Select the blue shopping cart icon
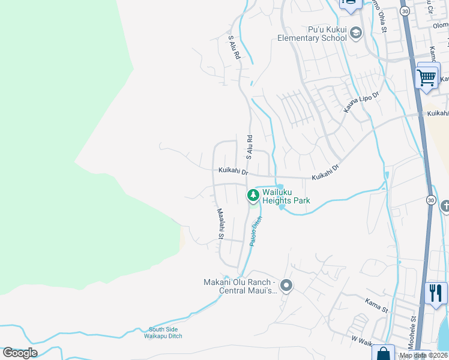click(x=427, y=77)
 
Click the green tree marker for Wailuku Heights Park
click(x=253, y=195)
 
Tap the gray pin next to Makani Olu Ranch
click(x=286, y=286)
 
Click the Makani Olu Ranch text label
click(x=240, y=286)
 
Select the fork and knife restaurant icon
click(x=435, y=293)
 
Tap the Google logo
click(x=20, y=353)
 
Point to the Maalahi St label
click(x=220, y=223)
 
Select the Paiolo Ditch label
click(x=256, y=230)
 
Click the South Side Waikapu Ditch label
click(x=166, y=332)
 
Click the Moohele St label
click(x=413, y=333)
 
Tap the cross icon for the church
click(x=445, y=206)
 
